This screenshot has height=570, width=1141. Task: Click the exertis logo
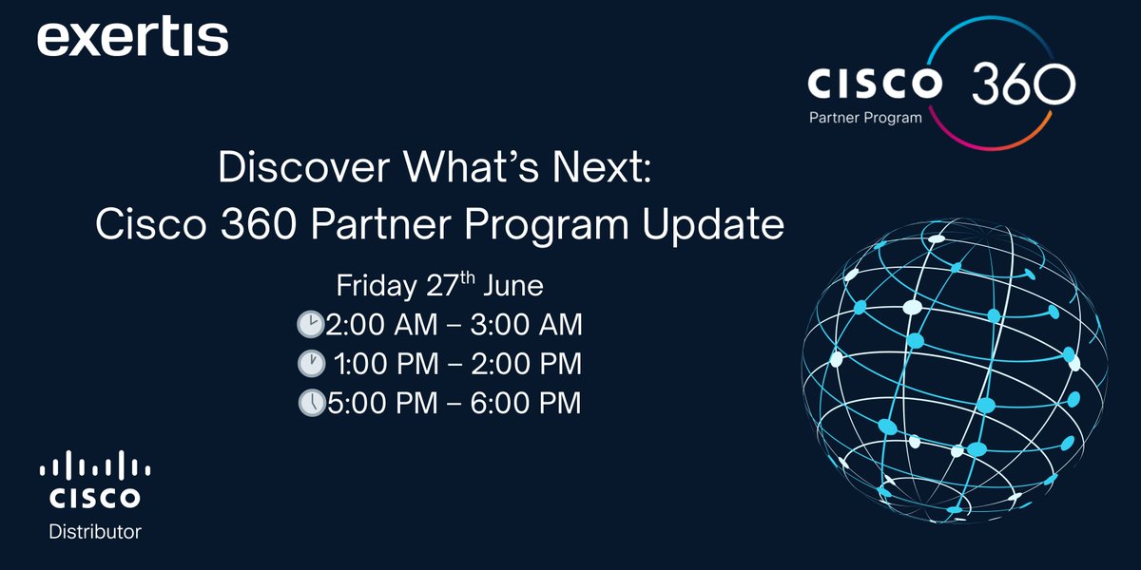[x=133, y=39]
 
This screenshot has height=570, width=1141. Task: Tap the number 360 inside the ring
[x=1022, y=85]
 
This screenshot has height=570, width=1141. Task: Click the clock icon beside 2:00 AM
[x=311, y=326]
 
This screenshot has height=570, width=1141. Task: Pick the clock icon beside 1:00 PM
[x=311, y=364]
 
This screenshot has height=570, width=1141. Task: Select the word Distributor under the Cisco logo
[x=95, y=531]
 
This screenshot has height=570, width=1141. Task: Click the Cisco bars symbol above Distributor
[x=95, y=465]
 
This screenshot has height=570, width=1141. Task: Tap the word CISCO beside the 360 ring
[x=875, y=84]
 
